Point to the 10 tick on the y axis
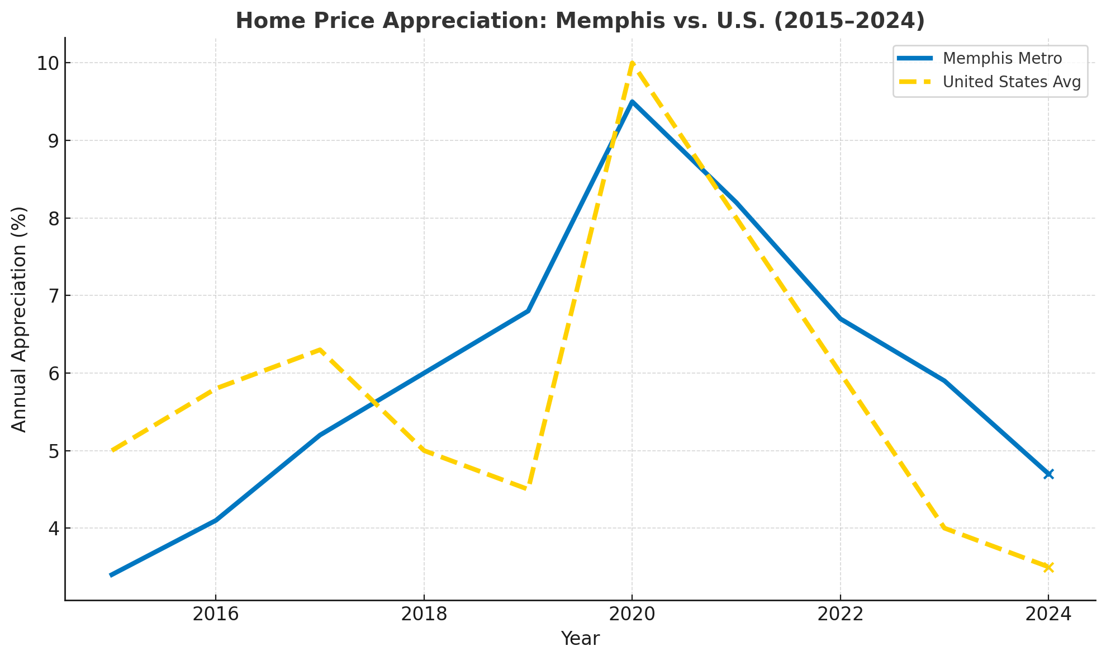pos(49,63)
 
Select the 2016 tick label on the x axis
pos(216,615)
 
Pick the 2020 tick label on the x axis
pos(632,615)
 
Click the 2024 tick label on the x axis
pos(1048,615)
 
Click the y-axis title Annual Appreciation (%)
pos(20,319)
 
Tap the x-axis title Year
pos(580,639)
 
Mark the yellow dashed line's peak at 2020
pos(632,63)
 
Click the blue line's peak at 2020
pos(632,102)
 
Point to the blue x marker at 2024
pos(1048,474)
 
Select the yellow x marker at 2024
pos(1048,567)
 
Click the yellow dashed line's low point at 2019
pos(528,489)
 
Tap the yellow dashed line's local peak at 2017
pos(320,350)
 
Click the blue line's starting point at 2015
pos(112,575)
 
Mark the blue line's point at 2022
pos(840,319)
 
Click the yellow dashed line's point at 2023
pos(944,528)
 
